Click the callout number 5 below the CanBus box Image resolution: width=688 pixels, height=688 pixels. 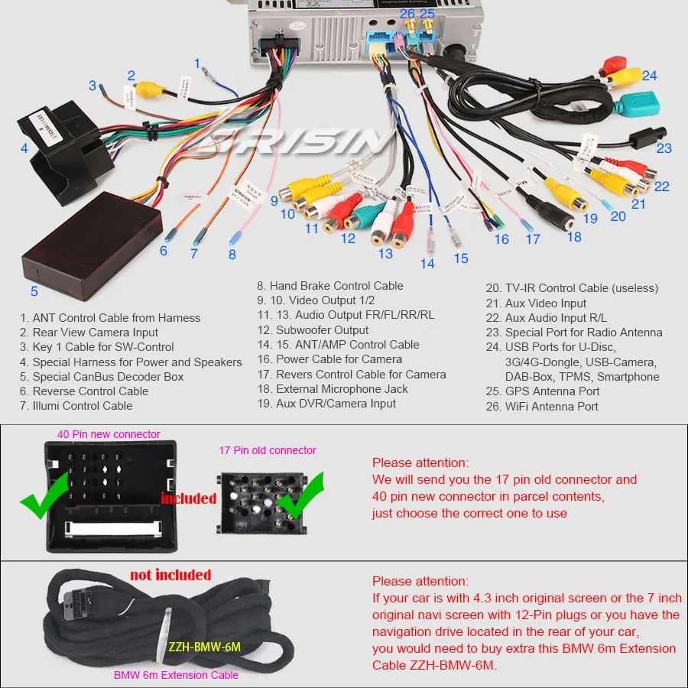(34, 291)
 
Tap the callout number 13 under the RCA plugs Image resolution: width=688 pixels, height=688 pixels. (385, 254)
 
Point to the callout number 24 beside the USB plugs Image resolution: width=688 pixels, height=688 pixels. (649, 76)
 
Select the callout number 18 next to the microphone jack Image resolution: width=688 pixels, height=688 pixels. (574, 237)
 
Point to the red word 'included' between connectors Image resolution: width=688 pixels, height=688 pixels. (188, 498)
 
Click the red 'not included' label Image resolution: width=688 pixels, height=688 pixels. (170, 575)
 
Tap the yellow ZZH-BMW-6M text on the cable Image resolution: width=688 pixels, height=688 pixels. (204, 647)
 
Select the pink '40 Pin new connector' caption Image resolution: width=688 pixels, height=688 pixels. (109, 434)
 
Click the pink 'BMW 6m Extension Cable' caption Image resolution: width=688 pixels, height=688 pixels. (176, 675)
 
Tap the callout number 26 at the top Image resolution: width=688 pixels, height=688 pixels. (407, 14)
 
